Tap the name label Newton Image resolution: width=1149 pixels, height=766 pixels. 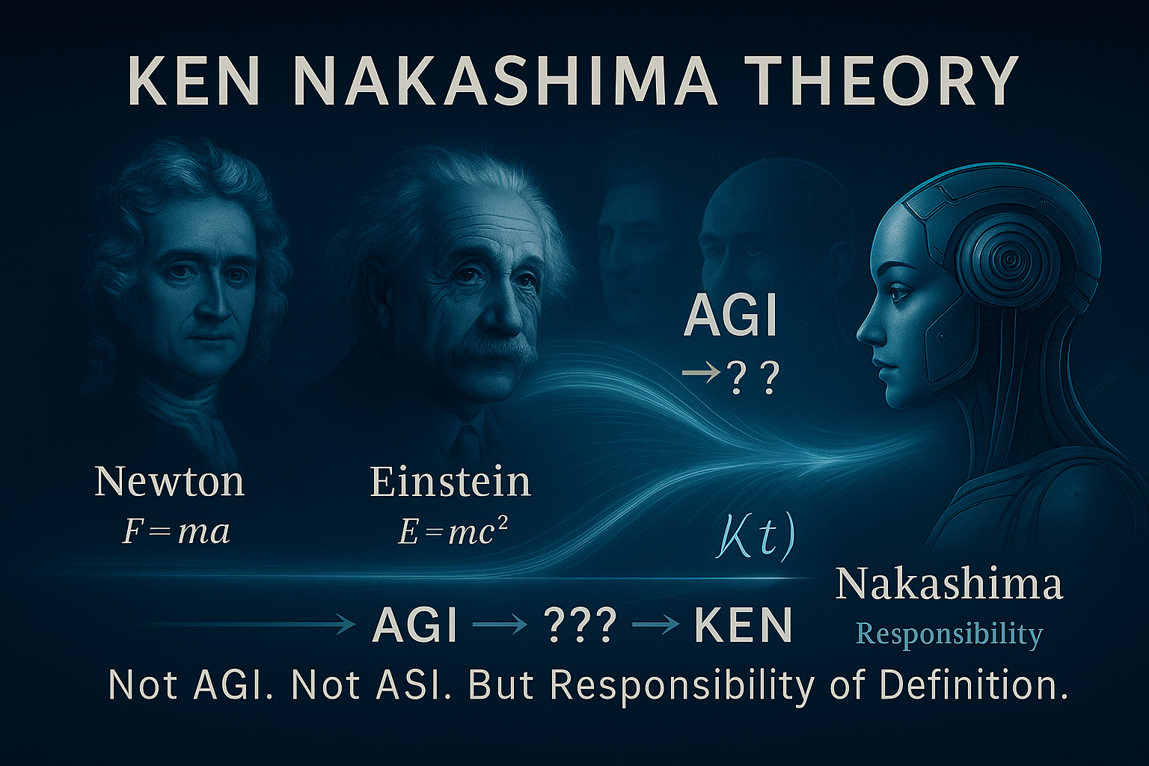click(169, 482)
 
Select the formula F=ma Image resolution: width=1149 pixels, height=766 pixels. click(176, 533)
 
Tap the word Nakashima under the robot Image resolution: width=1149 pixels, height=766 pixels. click(949, 585)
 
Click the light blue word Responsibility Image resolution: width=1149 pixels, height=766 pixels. click(949, 635)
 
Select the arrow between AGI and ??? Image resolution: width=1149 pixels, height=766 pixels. click(500, 625)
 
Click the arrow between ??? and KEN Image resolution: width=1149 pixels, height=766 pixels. click(656, 625)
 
